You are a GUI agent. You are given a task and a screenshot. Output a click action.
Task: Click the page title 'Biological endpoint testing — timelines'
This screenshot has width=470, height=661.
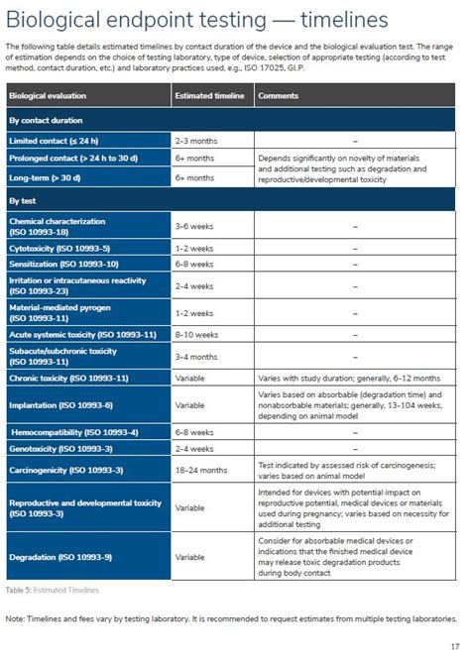pyautogui.click(x=196, y=20)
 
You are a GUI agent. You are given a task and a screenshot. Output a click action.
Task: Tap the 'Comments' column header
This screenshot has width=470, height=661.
pyautogui.click(x=280, y=95)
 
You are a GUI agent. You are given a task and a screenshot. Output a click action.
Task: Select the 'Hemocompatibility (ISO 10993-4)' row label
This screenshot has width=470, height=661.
pyautogui.click(x=74, y=432)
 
